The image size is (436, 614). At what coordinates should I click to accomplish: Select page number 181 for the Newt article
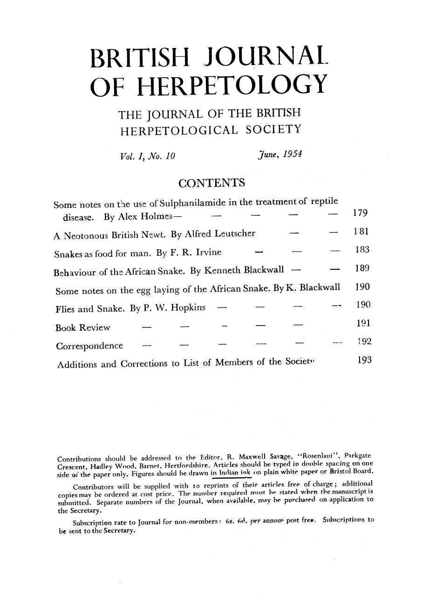(x=361, y=233)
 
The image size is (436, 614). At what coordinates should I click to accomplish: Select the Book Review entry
(x=82, y=328)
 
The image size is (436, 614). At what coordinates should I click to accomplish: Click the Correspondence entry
(x=89, y=347)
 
